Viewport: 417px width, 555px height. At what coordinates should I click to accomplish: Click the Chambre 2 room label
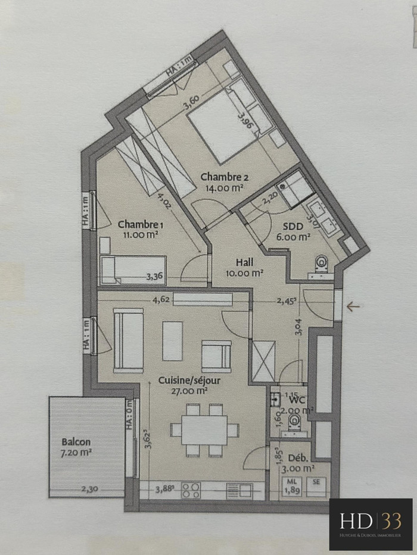225,177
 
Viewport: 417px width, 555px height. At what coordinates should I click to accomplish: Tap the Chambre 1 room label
141,224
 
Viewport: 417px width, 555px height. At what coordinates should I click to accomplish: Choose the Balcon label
76,442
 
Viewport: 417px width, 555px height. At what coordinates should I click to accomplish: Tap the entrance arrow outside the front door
354,307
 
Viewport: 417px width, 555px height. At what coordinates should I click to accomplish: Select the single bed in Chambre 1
132,269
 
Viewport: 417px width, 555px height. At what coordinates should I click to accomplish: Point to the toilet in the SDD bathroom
322,264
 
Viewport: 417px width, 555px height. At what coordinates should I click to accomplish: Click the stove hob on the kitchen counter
191,490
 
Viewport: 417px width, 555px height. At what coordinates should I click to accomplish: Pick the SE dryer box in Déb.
316,482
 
